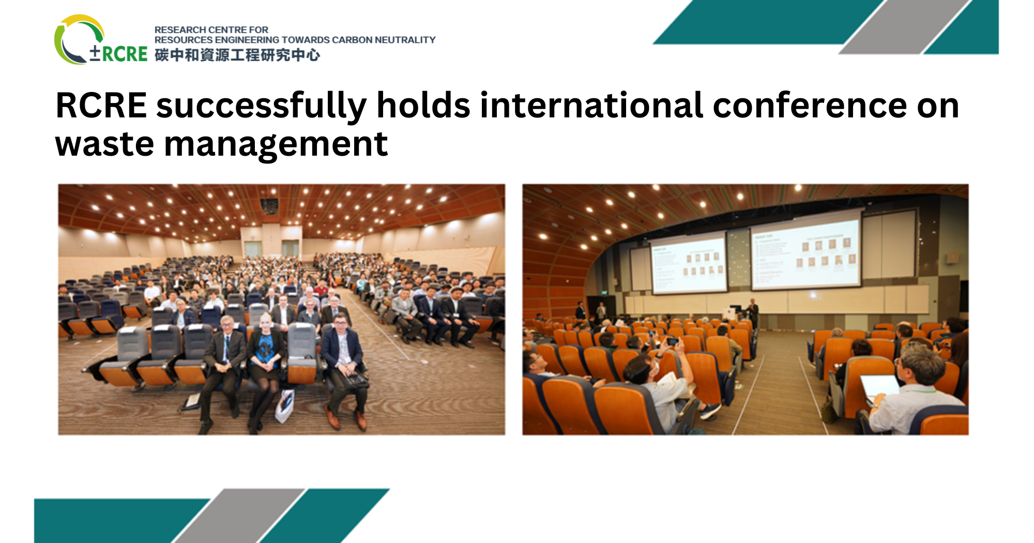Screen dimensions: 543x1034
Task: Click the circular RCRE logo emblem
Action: (78, 40)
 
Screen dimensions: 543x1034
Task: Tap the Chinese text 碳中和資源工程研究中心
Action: (237, 55)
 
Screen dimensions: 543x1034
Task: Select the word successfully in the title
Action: (261, 105)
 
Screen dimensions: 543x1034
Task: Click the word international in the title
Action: (591, 105)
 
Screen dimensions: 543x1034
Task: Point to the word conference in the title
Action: (810, 105)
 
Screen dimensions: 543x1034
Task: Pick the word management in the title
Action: (276, 145)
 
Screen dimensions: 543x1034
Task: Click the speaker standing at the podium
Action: (753, 312)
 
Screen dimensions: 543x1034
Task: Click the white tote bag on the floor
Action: (285, 406)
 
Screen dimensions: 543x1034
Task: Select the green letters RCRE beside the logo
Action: (124, 54)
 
